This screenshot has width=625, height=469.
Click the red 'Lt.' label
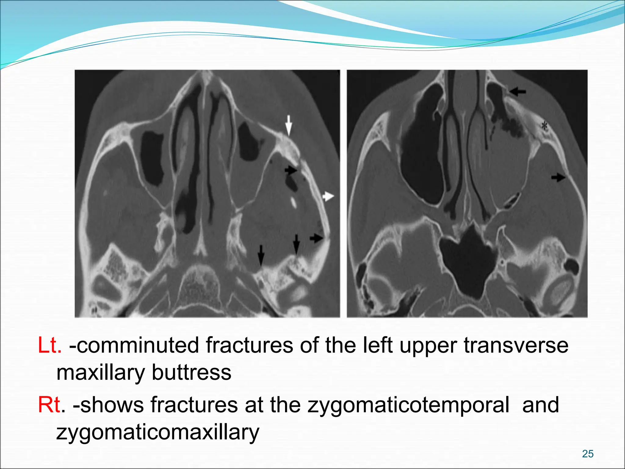point(49,345)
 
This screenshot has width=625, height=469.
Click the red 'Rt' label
point(49,405)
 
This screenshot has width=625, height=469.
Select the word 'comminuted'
point(134,345)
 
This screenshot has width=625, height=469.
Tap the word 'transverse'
point(516,345)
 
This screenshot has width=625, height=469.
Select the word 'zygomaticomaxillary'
point(158,432)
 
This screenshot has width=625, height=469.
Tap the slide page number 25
point(587,454)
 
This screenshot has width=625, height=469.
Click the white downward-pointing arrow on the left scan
point(288,124)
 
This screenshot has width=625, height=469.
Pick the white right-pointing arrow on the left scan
point(328,196)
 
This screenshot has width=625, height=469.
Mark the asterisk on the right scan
point(544,125)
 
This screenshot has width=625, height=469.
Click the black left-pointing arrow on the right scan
point(518,91)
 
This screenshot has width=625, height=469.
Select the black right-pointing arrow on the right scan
point(558,177)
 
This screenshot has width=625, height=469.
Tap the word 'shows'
point(112,405)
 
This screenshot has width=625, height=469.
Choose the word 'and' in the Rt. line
point(540,405)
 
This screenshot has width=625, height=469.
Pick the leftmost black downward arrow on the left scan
point(261,255)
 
